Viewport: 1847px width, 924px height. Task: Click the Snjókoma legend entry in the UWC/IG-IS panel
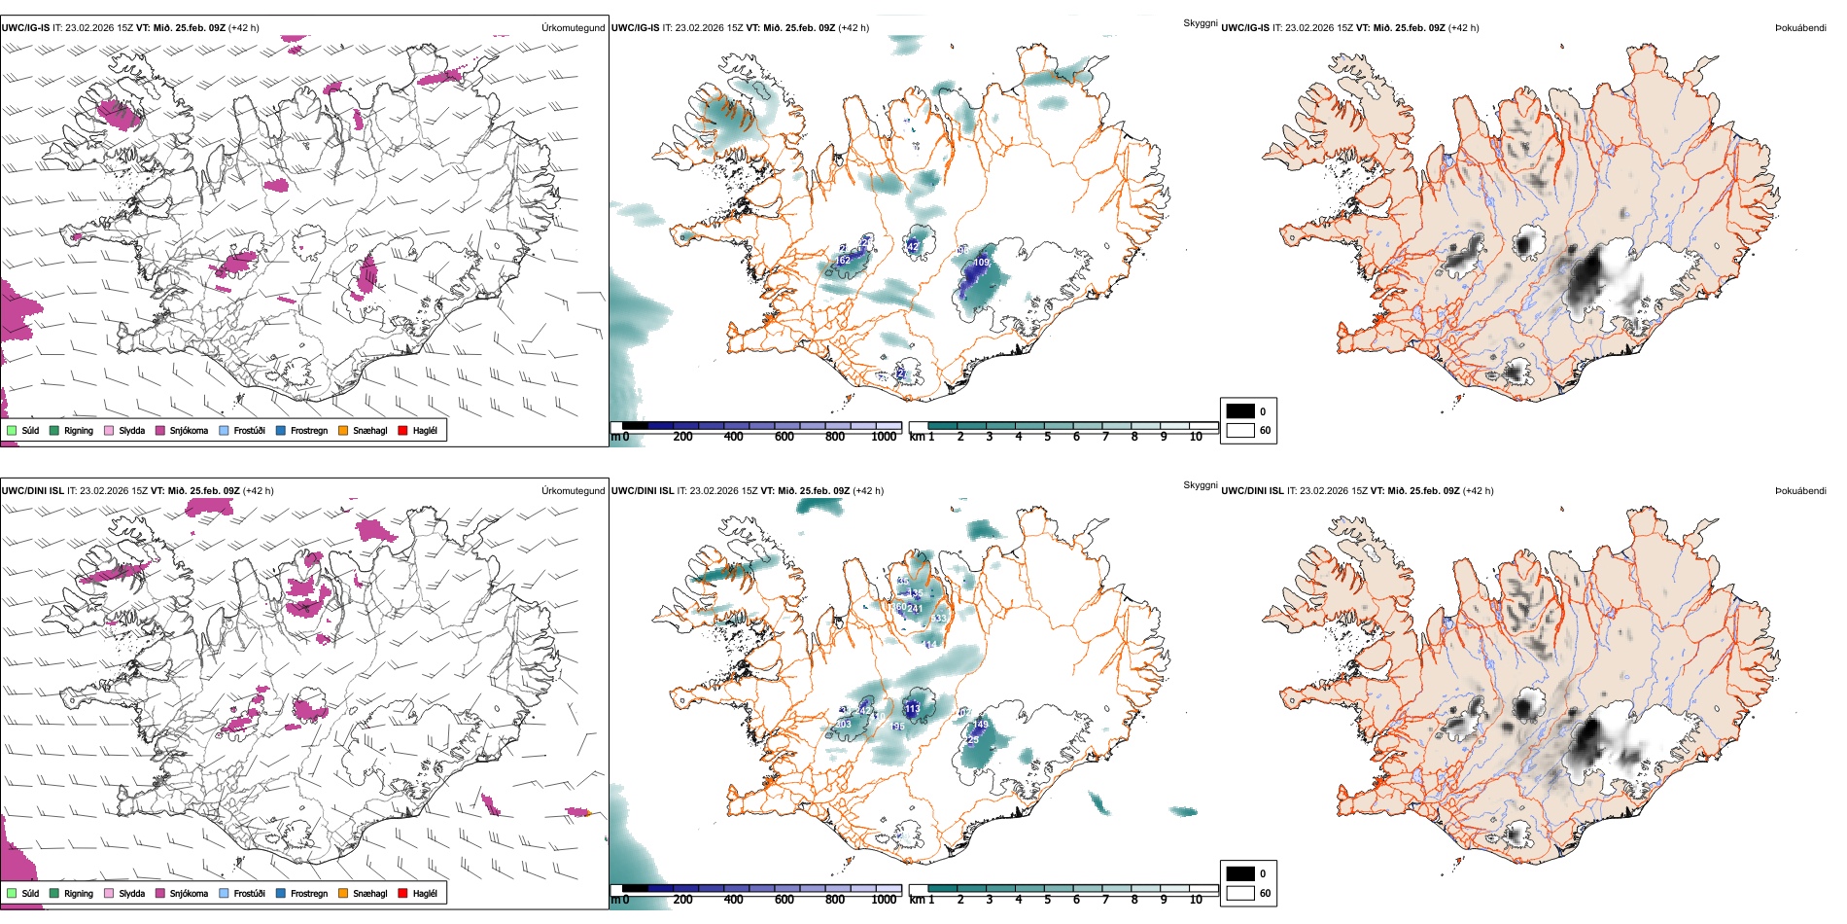(189, 430)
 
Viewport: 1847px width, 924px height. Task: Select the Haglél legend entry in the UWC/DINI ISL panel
(425, 893)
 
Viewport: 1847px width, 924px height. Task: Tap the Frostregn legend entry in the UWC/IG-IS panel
(309, 430)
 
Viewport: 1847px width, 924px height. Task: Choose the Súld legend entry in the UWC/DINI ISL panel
(30, 893)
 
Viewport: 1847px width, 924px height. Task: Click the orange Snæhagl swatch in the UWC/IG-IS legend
(343, 430)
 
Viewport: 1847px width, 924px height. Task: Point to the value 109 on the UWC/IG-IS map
(981, 263)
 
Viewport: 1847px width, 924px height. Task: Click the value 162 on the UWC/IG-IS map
(842, 260)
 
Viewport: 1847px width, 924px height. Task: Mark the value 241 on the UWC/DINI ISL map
(915, 609)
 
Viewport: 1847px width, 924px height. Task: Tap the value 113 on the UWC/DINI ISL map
(912, 709)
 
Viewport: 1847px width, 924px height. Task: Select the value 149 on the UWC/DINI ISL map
(980, 725)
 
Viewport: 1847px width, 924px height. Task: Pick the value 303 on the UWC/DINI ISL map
(842, 725)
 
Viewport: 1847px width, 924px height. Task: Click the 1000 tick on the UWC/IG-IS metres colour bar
(884, 437)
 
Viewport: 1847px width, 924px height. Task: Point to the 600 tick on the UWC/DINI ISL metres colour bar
(784, 900)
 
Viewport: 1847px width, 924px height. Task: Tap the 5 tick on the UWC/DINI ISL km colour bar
(1047, 900)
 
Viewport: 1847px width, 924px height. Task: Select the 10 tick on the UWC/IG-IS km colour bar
(1196, 437)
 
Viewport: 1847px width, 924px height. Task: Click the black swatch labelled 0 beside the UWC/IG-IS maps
(1240, 411)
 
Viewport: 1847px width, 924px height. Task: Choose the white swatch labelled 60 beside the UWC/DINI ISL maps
(1240, 893)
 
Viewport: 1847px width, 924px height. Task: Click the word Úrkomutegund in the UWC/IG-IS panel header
(573, 28)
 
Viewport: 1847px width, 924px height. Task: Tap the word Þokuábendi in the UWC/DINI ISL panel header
(1800, 491)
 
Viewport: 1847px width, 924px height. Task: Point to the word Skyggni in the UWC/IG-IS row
(1200, 23)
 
